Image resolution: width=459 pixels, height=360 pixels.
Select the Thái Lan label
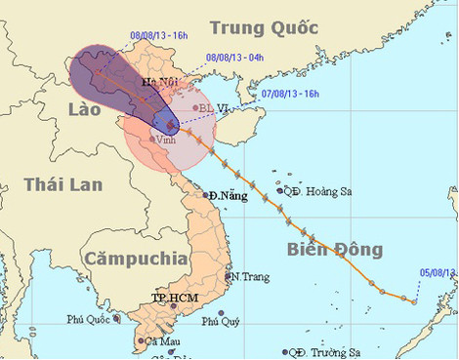coord(57,184)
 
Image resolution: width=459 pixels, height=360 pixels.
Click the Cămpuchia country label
coord(135,259)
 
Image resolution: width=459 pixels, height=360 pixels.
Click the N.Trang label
coord(250,276)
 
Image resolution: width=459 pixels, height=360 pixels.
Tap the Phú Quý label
coord(221,321)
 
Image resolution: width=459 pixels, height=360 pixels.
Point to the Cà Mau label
coord(162,341)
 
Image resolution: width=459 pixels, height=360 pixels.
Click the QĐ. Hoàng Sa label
coord(321,191)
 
